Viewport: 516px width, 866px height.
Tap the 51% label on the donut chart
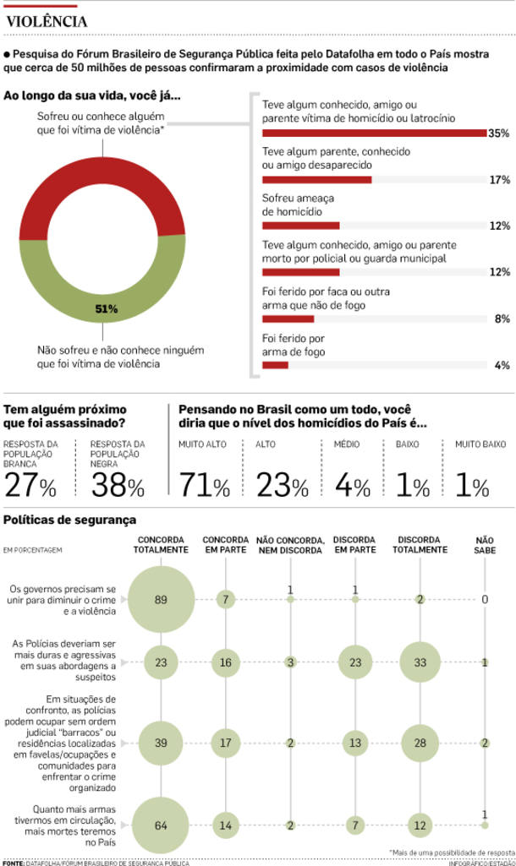coord(106,309)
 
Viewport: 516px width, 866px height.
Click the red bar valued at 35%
coord(374,133)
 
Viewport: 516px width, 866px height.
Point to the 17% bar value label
coord(499,180)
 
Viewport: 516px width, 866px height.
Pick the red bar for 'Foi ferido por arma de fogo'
coord(275,365)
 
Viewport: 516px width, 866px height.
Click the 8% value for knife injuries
coord(502,319)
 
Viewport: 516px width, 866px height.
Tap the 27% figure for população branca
coord(30,486)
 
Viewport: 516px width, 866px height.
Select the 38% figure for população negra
coord(118,486)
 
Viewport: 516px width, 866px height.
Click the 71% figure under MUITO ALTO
coord(204,486)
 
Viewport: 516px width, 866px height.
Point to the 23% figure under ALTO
coord(282,486)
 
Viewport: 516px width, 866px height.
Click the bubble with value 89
coord(161,600)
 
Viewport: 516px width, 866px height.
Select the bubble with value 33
coord(421,663)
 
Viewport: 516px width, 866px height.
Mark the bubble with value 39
coord(161,743)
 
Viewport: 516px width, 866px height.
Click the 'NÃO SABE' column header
coord(486,545)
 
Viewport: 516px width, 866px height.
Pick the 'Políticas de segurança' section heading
coord(70,520)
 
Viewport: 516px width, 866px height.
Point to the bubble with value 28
coord(421,743)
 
